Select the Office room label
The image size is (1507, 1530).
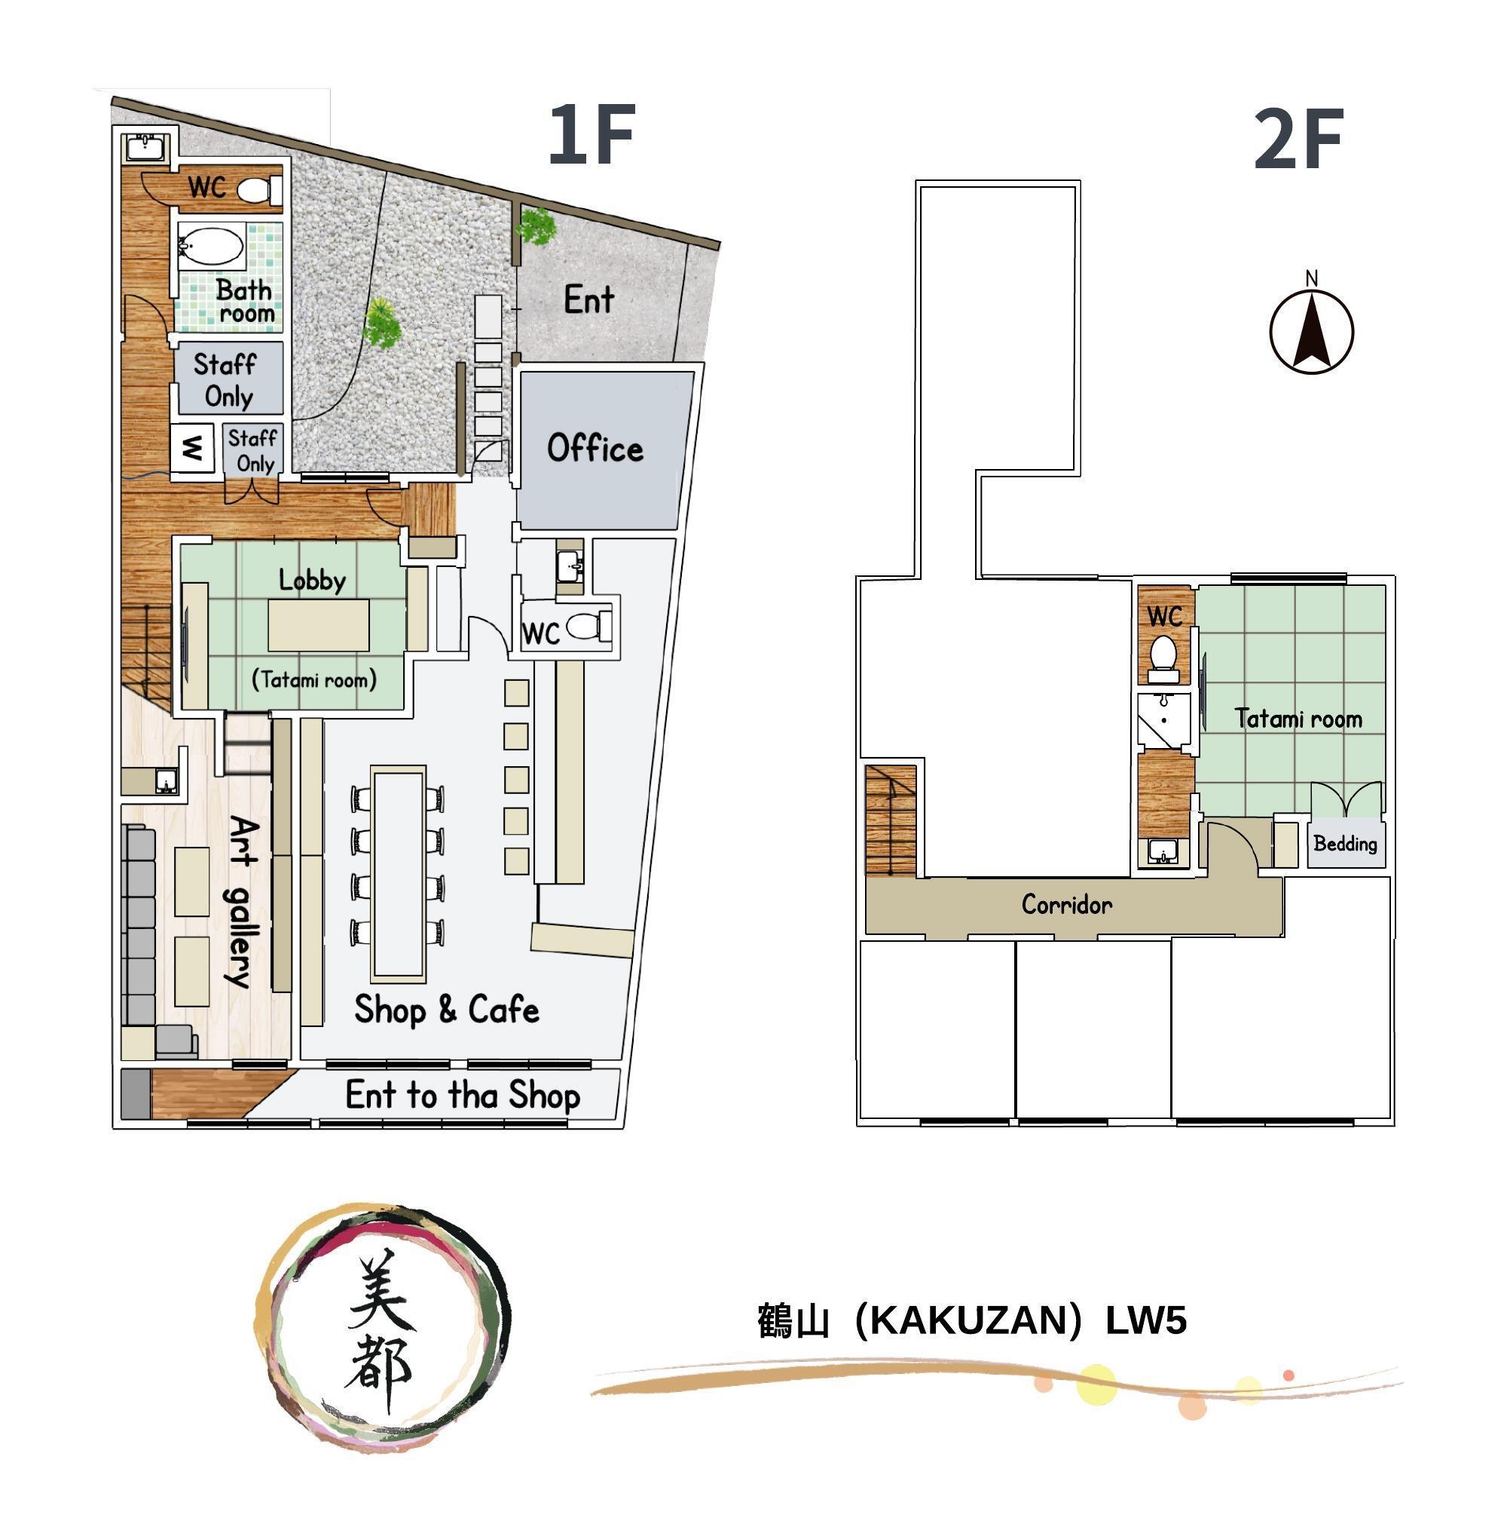[x=595, y=448]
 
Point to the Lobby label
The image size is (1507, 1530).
[x=312, y=580]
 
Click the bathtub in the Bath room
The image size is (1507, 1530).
[x=211, y=247]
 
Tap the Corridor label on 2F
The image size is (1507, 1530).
[x=1067, y=904]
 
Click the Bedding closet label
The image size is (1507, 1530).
[x=1346, y=843]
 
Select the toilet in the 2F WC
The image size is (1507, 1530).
[x=1163, y=659]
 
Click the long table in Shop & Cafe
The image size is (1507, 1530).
[x=399, y=873]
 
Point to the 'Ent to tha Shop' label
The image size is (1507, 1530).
[x=463, y=1095]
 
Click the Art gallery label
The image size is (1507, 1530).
[x=242, y=903]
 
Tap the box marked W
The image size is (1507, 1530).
[x=192, y=449]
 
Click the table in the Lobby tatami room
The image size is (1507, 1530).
[x=318, y=625]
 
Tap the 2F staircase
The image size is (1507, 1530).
[x=891, y=820]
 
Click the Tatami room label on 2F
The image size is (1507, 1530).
[x=1299, y=719]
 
